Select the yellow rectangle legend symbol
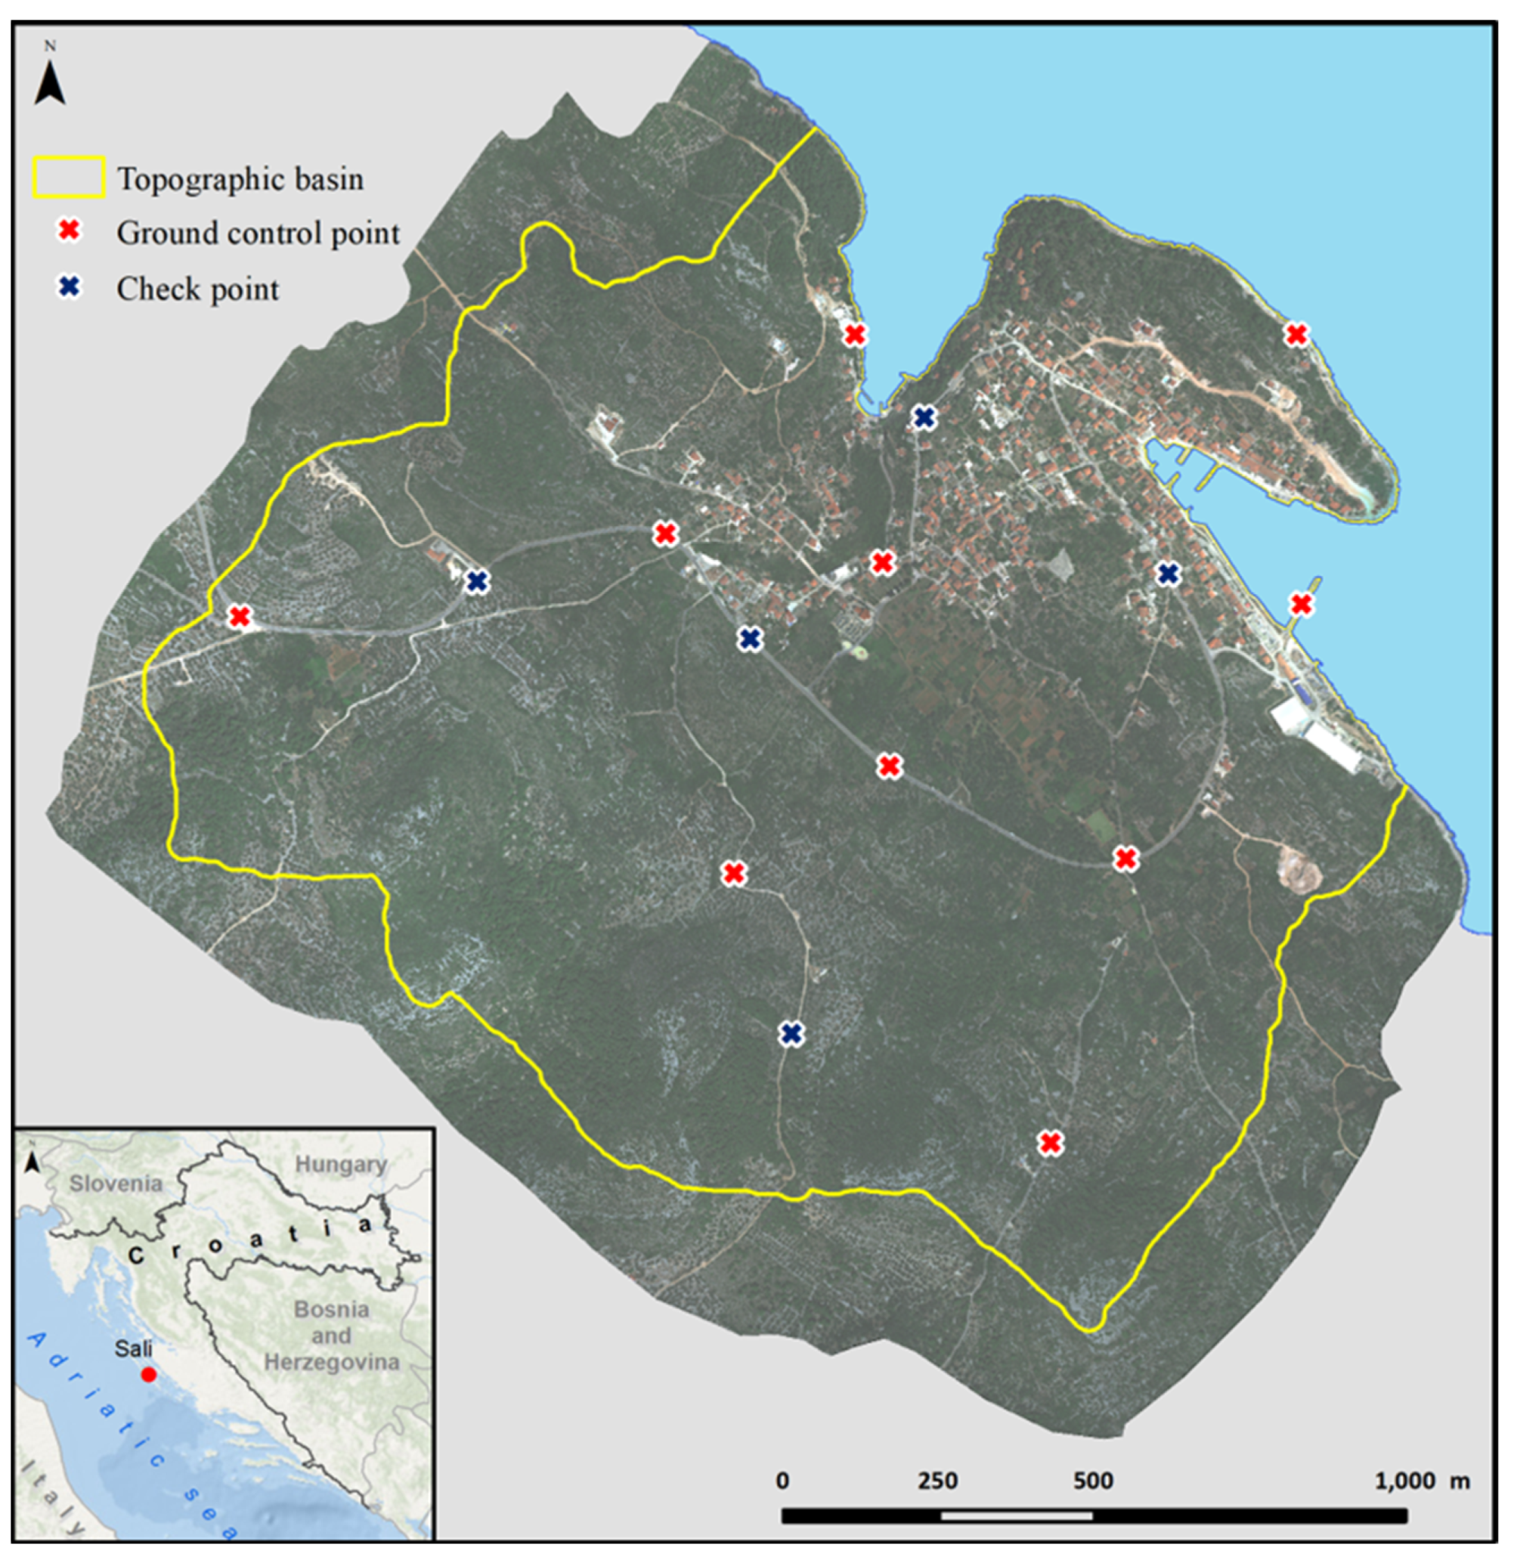pyautogui.click(x=69, y=178)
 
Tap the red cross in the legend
pyautogui.click(x=70, y=231)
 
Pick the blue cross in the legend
pyautogui.click(x=70, y=287)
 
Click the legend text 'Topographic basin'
pyautogui.click(x=240, y=179)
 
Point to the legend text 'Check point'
pyautogui.click(x=197, y=289)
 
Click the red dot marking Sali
pyautogui.click(x=148, y=1375)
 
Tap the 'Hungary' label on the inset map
pyautogui.click(x=341, y=1165)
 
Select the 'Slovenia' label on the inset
pyautogui.click(x=116, y=1184)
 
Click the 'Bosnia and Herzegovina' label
pyautogui.click(x=331, y=1336)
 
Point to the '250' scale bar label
pyautogui.click(x=938, y=1481)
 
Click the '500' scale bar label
pyautogui.click(x=1093, y=1481)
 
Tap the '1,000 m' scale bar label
pyautogui.click(x=1422, y=1481)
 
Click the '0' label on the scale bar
pyautogui.click(x=782, y=1481)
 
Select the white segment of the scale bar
pyautogui.click(x=1017, y=1515)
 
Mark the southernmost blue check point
pyautogui.click(x=791, y=1034)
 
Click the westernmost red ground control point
pyautogui.click(x=239, y=616)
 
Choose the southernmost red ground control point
pyautogui.click(x=1051, y=1144)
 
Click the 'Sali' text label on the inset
pyautogui.click(x=133, y=1349)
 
